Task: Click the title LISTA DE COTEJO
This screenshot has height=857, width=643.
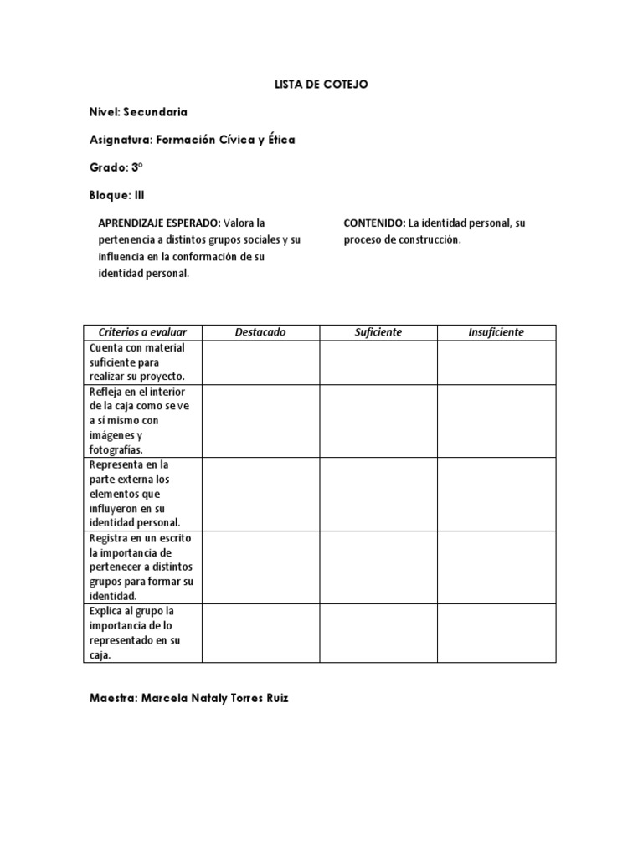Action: [x=321, y=85]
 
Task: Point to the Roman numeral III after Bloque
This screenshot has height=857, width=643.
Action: [x=140, y=195]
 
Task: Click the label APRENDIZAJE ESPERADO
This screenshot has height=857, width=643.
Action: [x=160, y=223]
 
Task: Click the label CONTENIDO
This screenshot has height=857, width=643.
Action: [x=374, y=223]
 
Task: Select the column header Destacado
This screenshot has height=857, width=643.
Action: [x=260, y=332]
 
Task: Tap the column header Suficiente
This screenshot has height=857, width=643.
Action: [x=378, y=332]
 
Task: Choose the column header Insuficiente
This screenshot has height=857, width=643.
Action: [x=496, y=332]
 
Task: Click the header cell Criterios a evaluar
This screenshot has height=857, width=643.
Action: [x=143, y=332]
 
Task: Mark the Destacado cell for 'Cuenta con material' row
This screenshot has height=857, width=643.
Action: [x=260, y=362]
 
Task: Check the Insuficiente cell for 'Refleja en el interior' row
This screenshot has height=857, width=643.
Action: [x=496, y=421]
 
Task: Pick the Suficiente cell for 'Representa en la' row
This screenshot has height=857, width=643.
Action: [x=378, y=494]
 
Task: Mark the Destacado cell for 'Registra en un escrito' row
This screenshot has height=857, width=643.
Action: [x=260, y=567]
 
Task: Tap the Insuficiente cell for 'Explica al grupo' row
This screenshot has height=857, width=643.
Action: [x=496, y=634]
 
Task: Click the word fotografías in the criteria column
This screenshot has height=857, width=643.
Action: [x=116, y=450]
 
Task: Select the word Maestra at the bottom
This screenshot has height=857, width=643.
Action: [x=113, y=698]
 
